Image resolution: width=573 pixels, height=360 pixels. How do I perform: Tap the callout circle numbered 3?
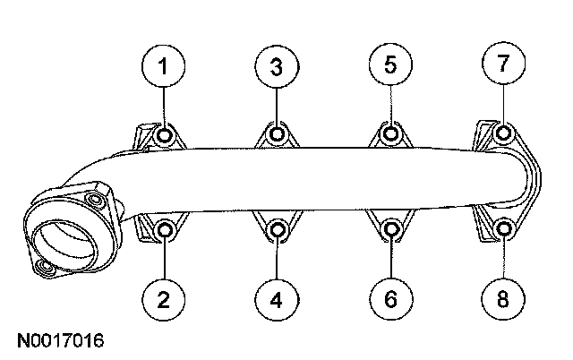coord(278,66)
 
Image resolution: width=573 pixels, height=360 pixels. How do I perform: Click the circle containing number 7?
coord(502,64)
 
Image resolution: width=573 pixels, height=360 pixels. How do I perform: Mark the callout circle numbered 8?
coord(502,298)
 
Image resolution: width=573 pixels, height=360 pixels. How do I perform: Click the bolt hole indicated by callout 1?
coord(165,135)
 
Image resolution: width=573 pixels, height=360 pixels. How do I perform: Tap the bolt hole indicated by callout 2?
coord(166,231)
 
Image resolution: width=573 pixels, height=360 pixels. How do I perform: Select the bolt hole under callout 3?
coord(278,135)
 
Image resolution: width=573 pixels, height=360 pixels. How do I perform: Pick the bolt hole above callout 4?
coord(278,231)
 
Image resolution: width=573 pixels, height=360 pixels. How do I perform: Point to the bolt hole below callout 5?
coord(390,135)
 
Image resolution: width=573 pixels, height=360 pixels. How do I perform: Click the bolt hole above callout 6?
coord(390,231)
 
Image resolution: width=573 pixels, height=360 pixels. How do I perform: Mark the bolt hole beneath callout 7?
coord(503,135)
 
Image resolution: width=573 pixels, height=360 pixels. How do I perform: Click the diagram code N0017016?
coord(61,341)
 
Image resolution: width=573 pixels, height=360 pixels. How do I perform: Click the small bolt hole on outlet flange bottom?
coord(43,269)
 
